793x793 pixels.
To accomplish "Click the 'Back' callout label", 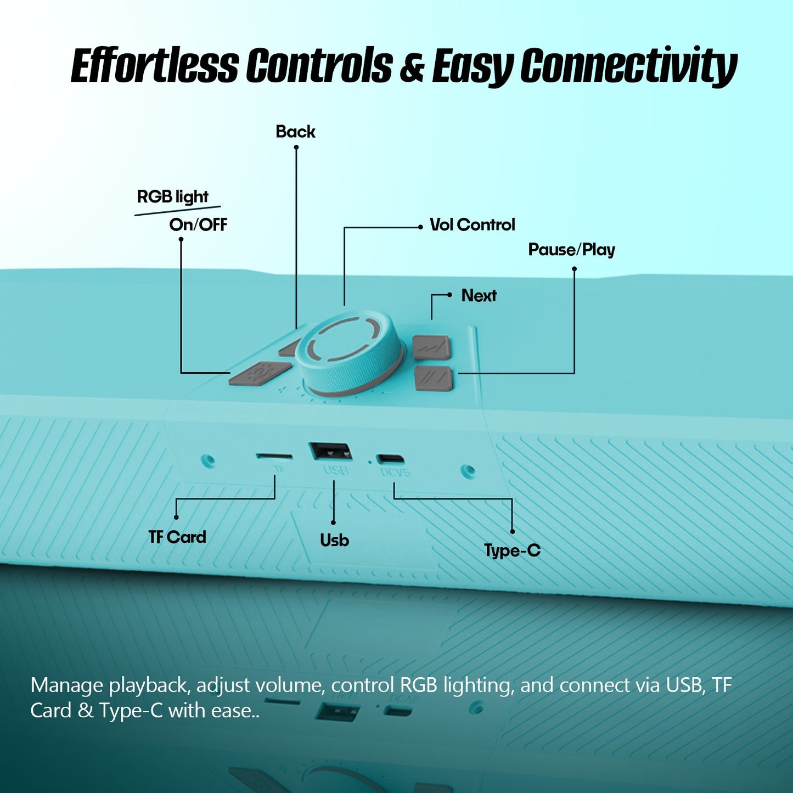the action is (x=295, y=132).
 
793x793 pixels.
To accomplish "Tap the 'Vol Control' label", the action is (x=472, y=224).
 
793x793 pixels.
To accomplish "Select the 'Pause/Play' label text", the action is (x=571, y=250).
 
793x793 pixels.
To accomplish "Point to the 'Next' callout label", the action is (x=479, y=295).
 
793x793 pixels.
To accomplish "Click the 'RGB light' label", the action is (x=172, y=196).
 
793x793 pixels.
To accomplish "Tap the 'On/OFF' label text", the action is (x=198, y=224).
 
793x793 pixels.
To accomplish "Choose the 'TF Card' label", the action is (x=177, y=537).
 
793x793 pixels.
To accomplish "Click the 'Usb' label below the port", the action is (x=334, y=540).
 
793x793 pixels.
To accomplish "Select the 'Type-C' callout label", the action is (x=512, y=550).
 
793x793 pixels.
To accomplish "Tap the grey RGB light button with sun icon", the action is (x=260, y=373).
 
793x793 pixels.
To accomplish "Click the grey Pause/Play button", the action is (x=434, y=379).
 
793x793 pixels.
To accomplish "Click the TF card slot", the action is (x=274, y=456).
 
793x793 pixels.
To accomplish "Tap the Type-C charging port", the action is (x=391, y=458).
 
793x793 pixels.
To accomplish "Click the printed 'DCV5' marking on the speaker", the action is (x=395, y=471).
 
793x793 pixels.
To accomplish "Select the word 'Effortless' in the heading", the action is (x=155, y=65).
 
